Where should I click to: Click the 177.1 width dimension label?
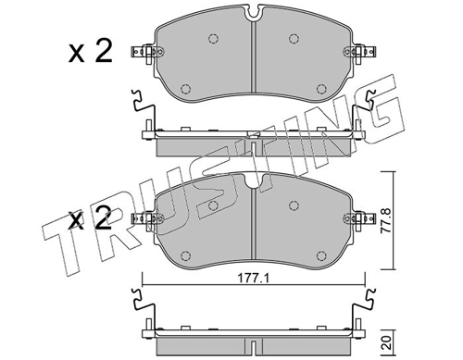(x=254, y=279)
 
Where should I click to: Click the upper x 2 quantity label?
(x=90, y=53)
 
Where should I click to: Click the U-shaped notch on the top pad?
(x=254, y=12)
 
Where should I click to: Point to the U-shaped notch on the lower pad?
(x=254, y=180)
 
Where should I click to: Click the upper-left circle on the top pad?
(x=213, y=39)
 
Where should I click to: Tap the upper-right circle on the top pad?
(x=294, y=39)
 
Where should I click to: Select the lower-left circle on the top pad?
(x=185, y=89)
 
